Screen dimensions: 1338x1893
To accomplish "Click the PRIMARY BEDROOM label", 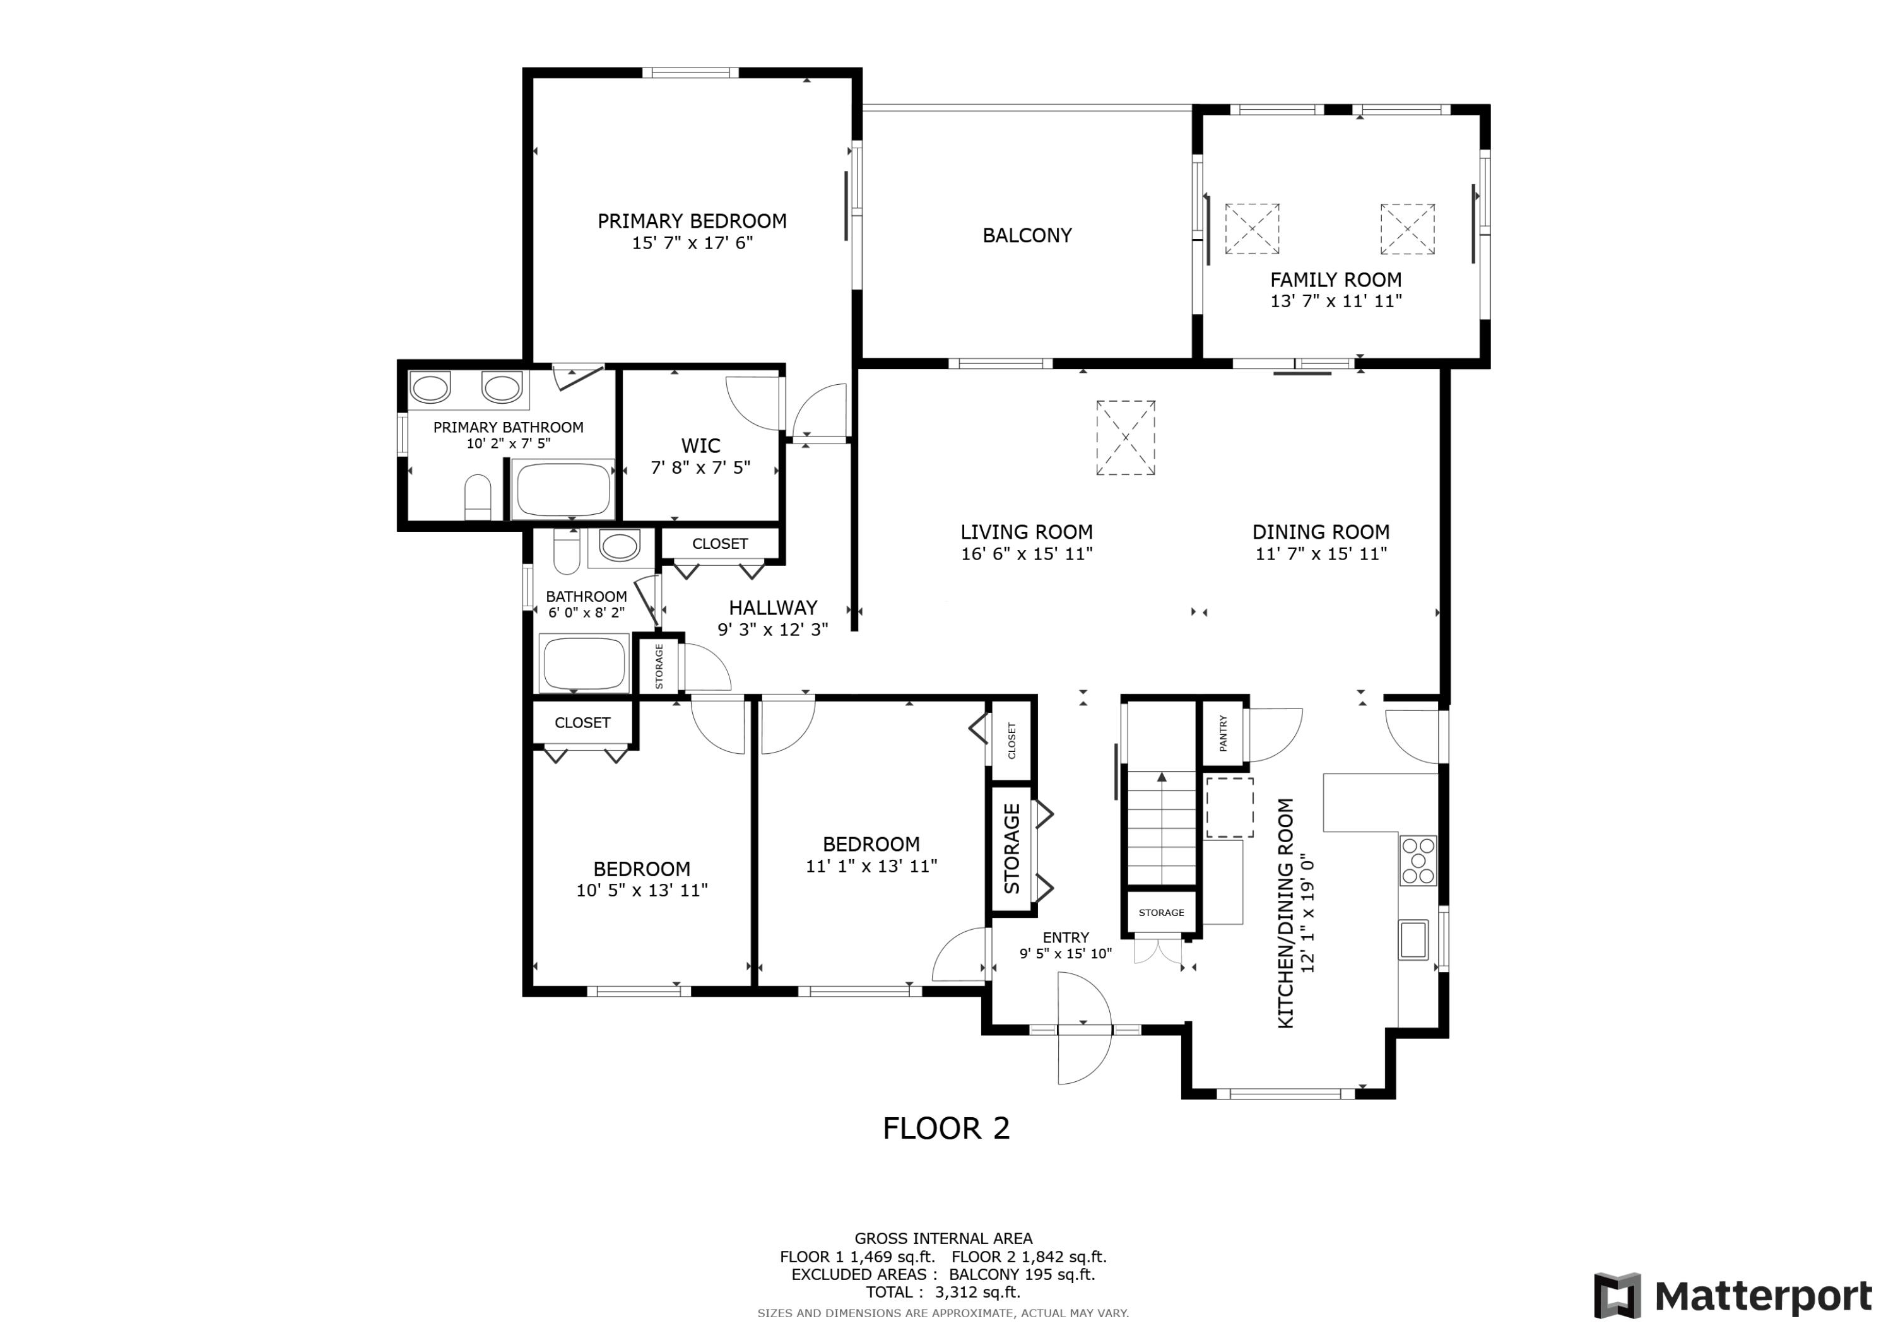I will [692, 221].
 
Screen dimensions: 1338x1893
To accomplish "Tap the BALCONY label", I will [1027, 236].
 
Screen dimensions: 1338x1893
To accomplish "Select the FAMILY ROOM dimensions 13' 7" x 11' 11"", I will [1336, 302].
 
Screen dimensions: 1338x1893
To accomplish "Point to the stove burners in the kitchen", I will [1418, 860].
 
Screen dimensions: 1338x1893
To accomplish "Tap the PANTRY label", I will [1223, 733].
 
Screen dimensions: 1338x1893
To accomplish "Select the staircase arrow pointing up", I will [1162, 777].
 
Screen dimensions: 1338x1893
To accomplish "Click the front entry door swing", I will [1084, 1040].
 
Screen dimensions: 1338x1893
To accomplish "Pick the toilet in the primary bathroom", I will [478, 497].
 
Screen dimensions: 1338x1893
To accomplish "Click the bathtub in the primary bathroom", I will [563, 489].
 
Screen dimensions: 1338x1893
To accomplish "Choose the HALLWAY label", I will [772, 608].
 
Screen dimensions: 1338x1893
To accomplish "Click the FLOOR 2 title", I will [946, 1129].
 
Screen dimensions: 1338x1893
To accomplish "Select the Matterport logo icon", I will [1617, 1296].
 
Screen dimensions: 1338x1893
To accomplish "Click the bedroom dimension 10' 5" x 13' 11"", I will [642, 890].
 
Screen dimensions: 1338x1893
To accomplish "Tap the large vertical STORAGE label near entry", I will [1011, 849].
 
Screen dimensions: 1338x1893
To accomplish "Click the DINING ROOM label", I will [1320, 532].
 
